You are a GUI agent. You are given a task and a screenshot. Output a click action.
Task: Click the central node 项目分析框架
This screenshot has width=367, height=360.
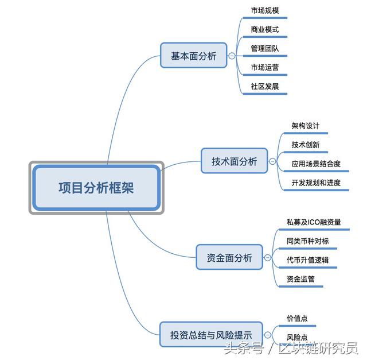tap(96, 188)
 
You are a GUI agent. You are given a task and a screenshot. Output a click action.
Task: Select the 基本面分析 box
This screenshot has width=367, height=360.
tap(193, 56)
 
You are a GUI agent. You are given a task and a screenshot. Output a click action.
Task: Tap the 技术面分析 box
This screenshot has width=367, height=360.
tap(235, 161)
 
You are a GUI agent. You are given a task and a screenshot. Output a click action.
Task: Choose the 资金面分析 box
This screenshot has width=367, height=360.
tap(229, 258)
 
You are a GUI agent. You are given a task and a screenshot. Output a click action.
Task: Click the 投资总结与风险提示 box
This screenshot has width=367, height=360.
tap(211, 335)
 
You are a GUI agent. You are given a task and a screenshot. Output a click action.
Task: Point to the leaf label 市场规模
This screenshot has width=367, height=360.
tap(265, 11)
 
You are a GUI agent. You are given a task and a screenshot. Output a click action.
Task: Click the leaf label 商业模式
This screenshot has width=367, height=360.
tap(265, 30)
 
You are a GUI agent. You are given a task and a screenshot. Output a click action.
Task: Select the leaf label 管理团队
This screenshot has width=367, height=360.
tap(265, 49)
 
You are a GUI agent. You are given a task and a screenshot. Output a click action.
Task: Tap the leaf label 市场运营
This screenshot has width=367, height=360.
tap(265, 68)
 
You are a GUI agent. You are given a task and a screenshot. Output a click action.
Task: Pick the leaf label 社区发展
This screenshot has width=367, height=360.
tap(265, 87)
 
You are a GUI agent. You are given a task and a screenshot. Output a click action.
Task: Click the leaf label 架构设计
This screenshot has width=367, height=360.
tap(305, 126)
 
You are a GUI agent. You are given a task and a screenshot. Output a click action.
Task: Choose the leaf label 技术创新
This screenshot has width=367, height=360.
tap(305, 145)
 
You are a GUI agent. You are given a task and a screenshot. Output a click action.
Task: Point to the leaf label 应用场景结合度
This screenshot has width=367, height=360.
tap(315, 164)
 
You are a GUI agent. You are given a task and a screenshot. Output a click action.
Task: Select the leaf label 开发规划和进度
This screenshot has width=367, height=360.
tap(315, 183)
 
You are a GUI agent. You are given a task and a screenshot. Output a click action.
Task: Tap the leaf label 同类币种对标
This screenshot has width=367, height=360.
tap(307, 241)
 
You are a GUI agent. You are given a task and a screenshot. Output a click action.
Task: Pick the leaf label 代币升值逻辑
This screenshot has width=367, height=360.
tap(307, 260)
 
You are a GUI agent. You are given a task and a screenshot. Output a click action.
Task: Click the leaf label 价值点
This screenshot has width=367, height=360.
tap(297, 318)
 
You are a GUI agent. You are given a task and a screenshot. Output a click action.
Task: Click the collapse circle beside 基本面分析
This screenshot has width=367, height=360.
tap(232, 56)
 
